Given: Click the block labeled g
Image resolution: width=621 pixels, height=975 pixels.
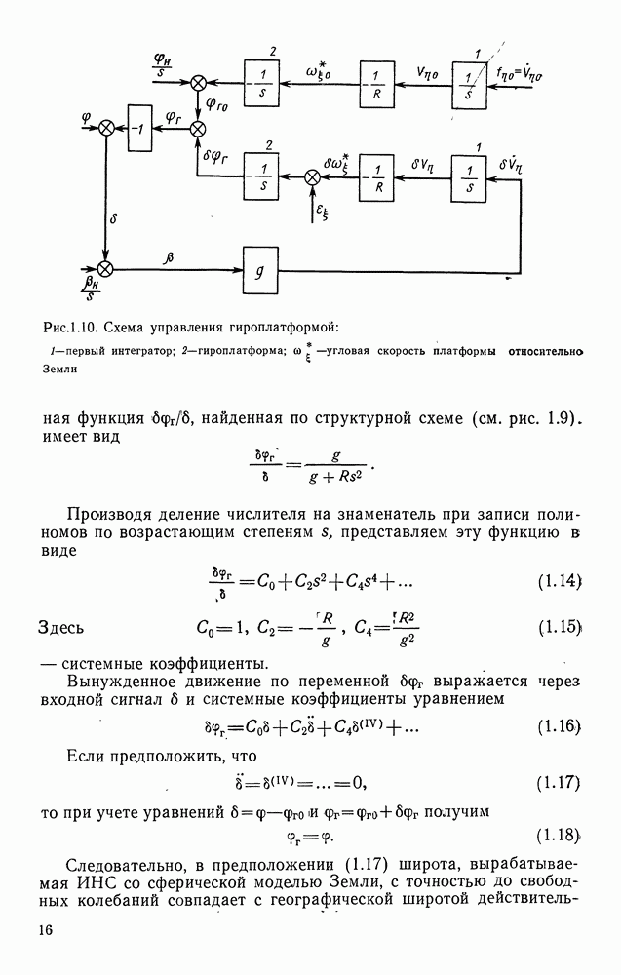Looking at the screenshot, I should [259, 275].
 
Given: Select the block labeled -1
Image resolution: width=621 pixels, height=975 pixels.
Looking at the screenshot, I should [140, 128].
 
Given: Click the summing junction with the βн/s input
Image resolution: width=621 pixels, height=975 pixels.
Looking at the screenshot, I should [105, 267].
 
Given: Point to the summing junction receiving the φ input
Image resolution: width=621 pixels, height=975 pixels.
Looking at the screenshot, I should [106, 128].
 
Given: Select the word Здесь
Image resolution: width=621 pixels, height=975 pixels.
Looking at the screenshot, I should [69, 626].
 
